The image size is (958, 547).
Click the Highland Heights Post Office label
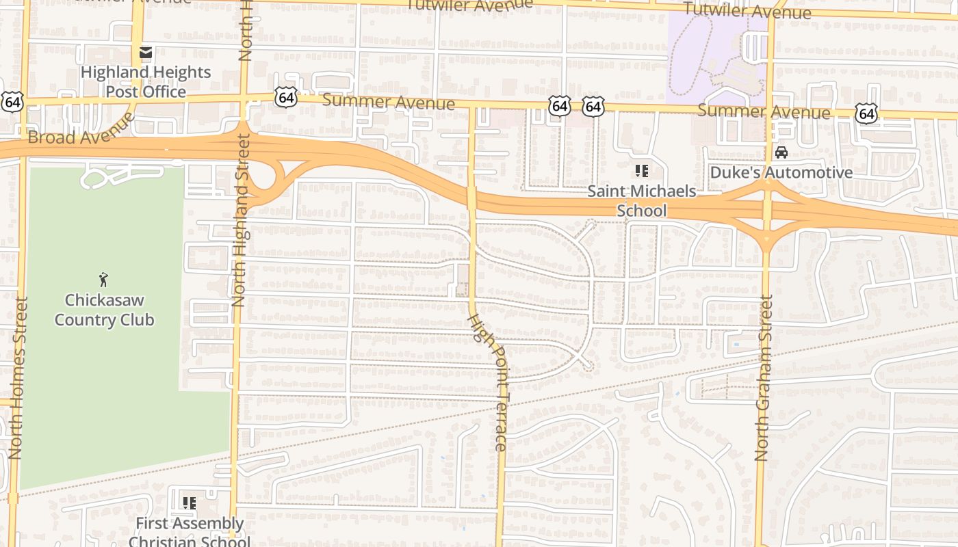145,81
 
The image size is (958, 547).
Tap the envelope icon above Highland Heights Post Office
145,53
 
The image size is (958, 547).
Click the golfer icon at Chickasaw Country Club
103,279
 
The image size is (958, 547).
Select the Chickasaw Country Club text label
104,310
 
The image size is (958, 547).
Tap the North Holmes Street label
17,377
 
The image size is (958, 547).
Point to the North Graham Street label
764,377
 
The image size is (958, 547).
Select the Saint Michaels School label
641,200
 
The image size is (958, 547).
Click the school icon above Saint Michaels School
641,170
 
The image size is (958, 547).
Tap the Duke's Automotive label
781,172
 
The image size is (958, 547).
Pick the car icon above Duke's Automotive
781,152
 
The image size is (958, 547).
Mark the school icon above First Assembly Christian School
190,503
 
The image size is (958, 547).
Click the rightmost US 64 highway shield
866,114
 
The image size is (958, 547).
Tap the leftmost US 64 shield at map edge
12,102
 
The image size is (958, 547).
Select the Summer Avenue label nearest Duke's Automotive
764,111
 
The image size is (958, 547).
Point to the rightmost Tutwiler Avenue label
747,10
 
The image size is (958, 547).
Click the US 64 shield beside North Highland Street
286,97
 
